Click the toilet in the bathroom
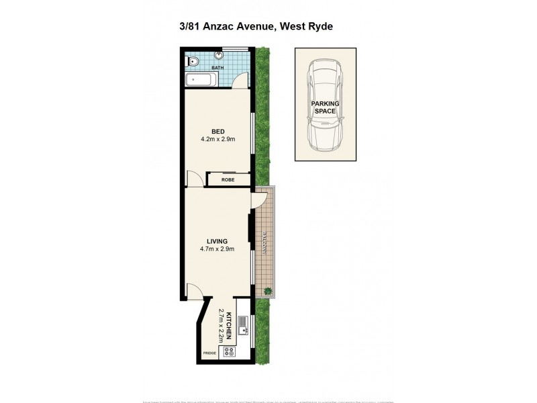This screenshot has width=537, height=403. pyautogui.click(x=193, y=62)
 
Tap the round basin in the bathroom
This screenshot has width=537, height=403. pyautogui.click(x=219, y=56)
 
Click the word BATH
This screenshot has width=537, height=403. pyautogui.click(x=218, y=69)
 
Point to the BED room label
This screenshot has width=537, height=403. pyautogui.click(x=217, y=131)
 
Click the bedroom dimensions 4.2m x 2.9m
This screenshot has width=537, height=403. pyautogui.click(x=217, y=140)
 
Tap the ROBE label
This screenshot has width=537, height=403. pyautogui.click(x=228, y=180)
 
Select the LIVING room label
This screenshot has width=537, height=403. pyautogui.click(x=217, y=241)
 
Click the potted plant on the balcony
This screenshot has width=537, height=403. pyautogui.click(x=268, y=291)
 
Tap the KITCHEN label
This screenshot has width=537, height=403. pyautogui.click(x=229, y=325)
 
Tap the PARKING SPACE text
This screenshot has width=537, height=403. pyautogui.click(x=325, y=107)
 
